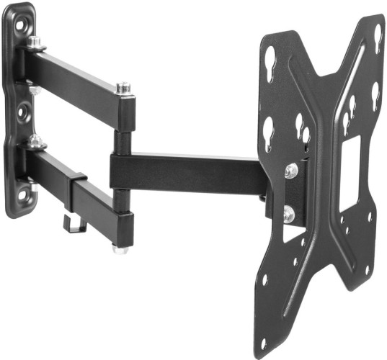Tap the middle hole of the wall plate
tap(22, 113)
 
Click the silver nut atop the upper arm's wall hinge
tap(33, 43)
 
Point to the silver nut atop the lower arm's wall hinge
tap(35, 142)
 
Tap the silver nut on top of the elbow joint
tap(123, 88)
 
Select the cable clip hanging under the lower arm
tap(75, 222)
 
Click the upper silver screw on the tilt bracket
tap(291, 171)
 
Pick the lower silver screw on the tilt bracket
tap(289, 213)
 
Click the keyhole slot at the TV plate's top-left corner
tap(271, 56)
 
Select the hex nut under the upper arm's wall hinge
tap(33, 89)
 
